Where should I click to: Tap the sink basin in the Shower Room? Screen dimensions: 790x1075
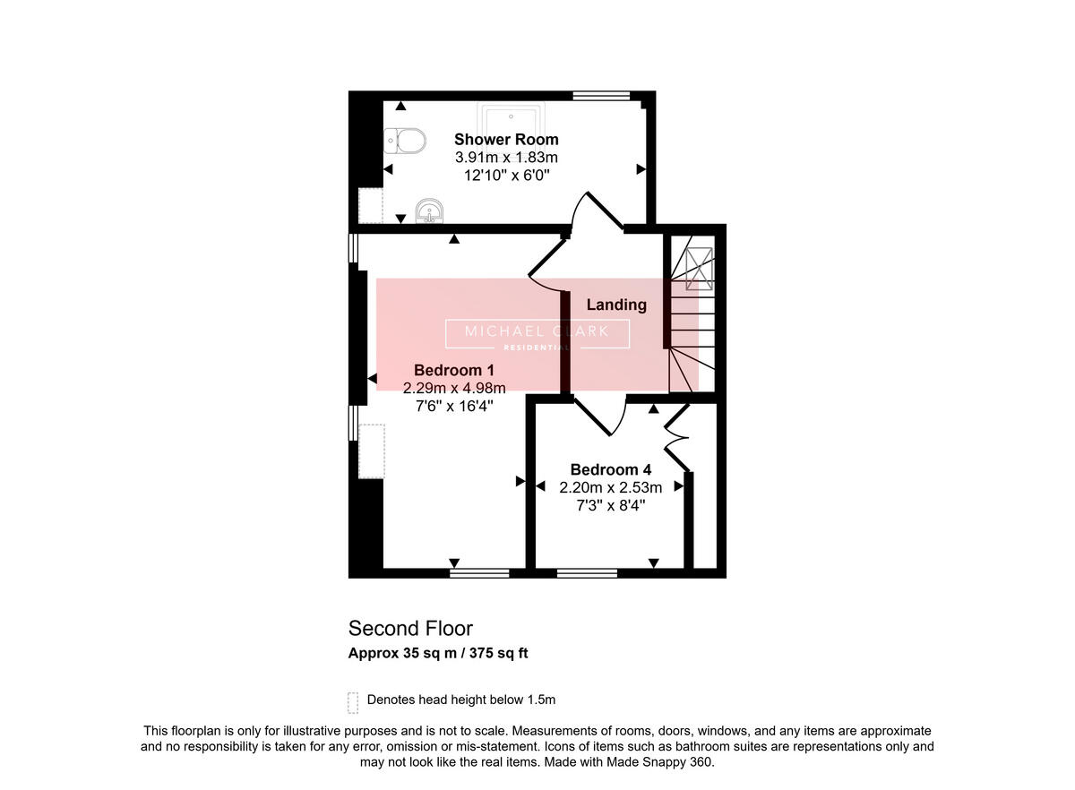[x=430, y=212]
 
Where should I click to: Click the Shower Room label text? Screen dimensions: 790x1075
[x=506, y=140]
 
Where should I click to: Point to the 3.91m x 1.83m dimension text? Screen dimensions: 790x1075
[x=506, y=158]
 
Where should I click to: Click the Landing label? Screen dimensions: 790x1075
[x=616, y=305]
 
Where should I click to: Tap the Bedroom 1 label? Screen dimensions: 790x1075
[x=453, y=370]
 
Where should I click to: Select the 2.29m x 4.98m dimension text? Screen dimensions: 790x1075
[x=454, y=388]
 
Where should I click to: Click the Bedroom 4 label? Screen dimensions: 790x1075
[x=610, y=470]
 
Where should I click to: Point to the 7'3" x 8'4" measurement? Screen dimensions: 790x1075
[x=610, y=505]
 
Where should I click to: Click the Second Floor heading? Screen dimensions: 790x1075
[x=410, y=628]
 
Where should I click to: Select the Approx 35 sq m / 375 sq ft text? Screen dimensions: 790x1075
[x=438, y=653]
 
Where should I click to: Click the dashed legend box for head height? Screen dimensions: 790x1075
[x=353, y=700]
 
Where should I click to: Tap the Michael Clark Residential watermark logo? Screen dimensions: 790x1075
[x=537, y=334]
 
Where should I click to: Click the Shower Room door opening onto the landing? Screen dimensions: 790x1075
[x=598, y=215]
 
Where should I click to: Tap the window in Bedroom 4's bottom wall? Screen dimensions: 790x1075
[x=586, y=572]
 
